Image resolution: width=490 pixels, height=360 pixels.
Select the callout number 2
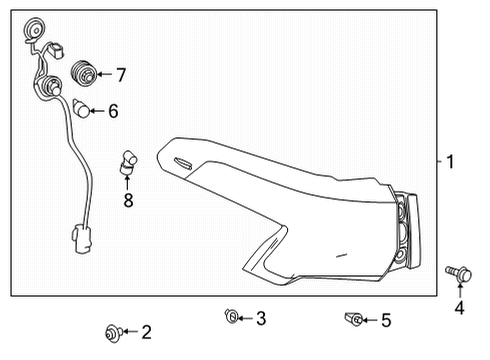(146, 331)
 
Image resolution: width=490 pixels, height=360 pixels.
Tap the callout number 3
(260, 319)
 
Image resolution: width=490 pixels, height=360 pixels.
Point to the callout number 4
(459, 308)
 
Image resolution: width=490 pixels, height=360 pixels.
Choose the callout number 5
(385, 320)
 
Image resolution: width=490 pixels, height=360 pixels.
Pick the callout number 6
(113, 111)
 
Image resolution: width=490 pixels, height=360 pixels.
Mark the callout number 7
(120, 74)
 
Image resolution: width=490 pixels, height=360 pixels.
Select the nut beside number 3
(230, 318)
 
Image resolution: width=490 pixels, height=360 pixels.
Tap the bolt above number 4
(456, 270)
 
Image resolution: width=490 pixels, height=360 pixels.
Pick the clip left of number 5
(354, 319)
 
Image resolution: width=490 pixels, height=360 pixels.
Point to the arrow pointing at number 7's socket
(103, 74)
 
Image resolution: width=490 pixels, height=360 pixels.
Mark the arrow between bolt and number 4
(459, 289)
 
